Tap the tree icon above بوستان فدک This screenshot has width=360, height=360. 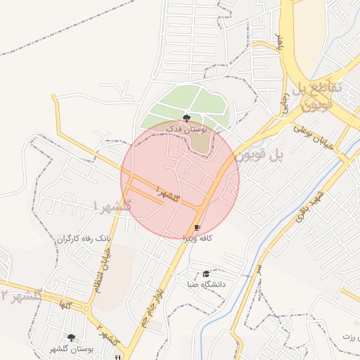(186, 118)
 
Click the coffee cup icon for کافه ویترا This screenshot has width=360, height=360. (197, 228)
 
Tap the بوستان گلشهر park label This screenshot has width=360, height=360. (72, 349)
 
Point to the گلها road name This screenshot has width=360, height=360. (67, 304)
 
